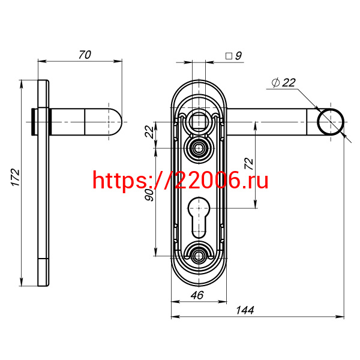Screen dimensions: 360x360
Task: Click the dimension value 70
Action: (x=85, y=55)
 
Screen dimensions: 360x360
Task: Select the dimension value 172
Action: (x=16, y=178)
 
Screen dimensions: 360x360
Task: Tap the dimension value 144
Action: (x=245, y=310)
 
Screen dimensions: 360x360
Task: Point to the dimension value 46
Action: (x=197, y=295)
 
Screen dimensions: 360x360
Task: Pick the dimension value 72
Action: (x=249, y=164)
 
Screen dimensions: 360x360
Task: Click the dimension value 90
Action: (x=149, y=195)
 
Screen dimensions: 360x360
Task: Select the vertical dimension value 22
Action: (x=149, y=131)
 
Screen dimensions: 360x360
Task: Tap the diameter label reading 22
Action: (x=289, y=83)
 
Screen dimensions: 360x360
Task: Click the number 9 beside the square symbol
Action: (x=239, y=56)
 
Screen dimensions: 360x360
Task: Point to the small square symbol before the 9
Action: (x=229, y=56)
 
